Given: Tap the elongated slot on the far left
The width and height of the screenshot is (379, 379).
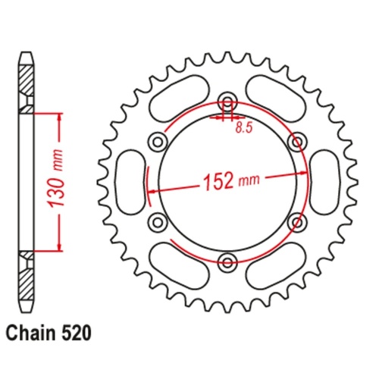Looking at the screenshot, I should click(x=129, y=183).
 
